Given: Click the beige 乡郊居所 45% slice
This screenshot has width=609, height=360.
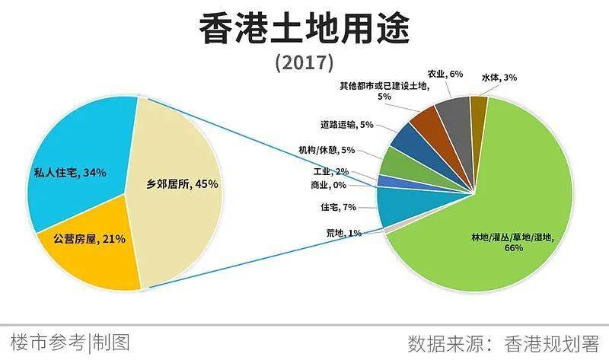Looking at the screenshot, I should coord(179,190).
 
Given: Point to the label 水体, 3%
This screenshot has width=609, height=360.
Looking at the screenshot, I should coord(499,77).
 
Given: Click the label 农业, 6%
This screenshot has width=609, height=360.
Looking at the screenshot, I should coord(445,74).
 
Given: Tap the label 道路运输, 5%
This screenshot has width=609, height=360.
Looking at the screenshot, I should coord(346,124).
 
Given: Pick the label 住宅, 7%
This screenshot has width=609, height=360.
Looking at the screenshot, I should coord(339,207).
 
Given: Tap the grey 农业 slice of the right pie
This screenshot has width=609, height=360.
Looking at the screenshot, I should coord(457,114).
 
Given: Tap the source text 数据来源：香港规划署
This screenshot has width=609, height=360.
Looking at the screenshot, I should coord(503,341).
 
